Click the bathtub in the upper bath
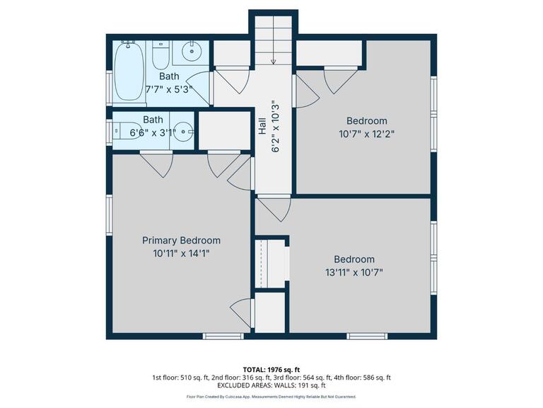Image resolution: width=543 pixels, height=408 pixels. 129,71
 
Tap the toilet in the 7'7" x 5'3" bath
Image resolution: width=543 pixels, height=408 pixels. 161,54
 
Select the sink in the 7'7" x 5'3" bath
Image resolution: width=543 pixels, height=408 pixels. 191,52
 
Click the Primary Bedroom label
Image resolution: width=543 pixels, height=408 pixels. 181,240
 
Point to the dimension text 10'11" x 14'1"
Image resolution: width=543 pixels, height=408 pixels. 181,253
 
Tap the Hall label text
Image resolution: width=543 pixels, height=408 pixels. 262,127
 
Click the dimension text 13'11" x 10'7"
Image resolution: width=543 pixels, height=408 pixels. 354,272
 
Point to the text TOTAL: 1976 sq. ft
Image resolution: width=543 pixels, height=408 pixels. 271,369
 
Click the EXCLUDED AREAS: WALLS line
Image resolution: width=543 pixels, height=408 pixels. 271,386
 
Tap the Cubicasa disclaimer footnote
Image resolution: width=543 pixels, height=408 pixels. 271,397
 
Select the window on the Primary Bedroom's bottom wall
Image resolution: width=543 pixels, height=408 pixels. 214,336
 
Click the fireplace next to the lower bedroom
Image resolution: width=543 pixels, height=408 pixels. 271,261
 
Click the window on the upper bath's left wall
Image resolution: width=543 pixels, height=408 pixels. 109,84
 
